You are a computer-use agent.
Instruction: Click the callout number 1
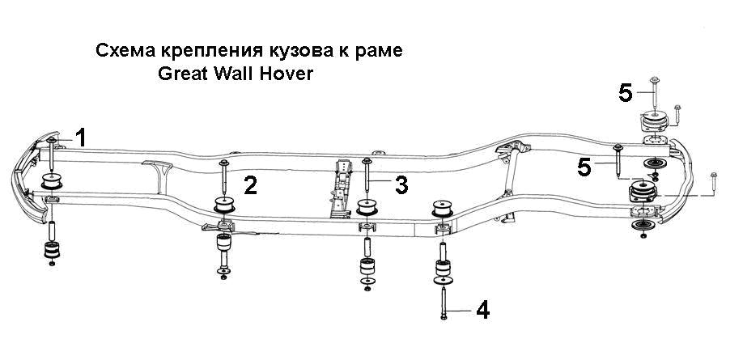click(82, 138)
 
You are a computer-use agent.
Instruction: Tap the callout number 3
click(401, 185)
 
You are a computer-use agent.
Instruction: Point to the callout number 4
click(482, 311)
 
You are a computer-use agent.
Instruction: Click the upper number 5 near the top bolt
click(626, 93)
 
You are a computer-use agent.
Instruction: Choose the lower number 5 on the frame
click(584, 167)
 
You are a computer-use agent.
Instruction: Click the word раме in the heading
click(381, 51)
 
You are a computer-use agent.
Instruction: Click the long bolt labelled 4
click(444, 303)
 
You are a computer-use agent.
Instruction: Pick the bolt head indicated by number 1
click(51, 140)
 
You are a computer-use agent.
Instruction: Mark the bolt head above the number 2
click(224, 163)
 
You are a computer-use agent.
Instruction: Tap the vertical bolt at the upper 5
click(655, 94)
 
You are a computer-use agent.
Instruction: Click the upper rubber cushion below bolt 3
click(367, 207)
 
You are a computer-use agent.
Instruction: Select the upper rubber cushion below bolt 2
click(224, 204)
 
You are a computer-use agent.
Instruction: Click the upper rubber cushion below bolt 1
click(52, 181)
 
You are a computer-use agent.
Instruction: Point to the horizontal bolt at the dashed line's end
click(714, 184)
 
